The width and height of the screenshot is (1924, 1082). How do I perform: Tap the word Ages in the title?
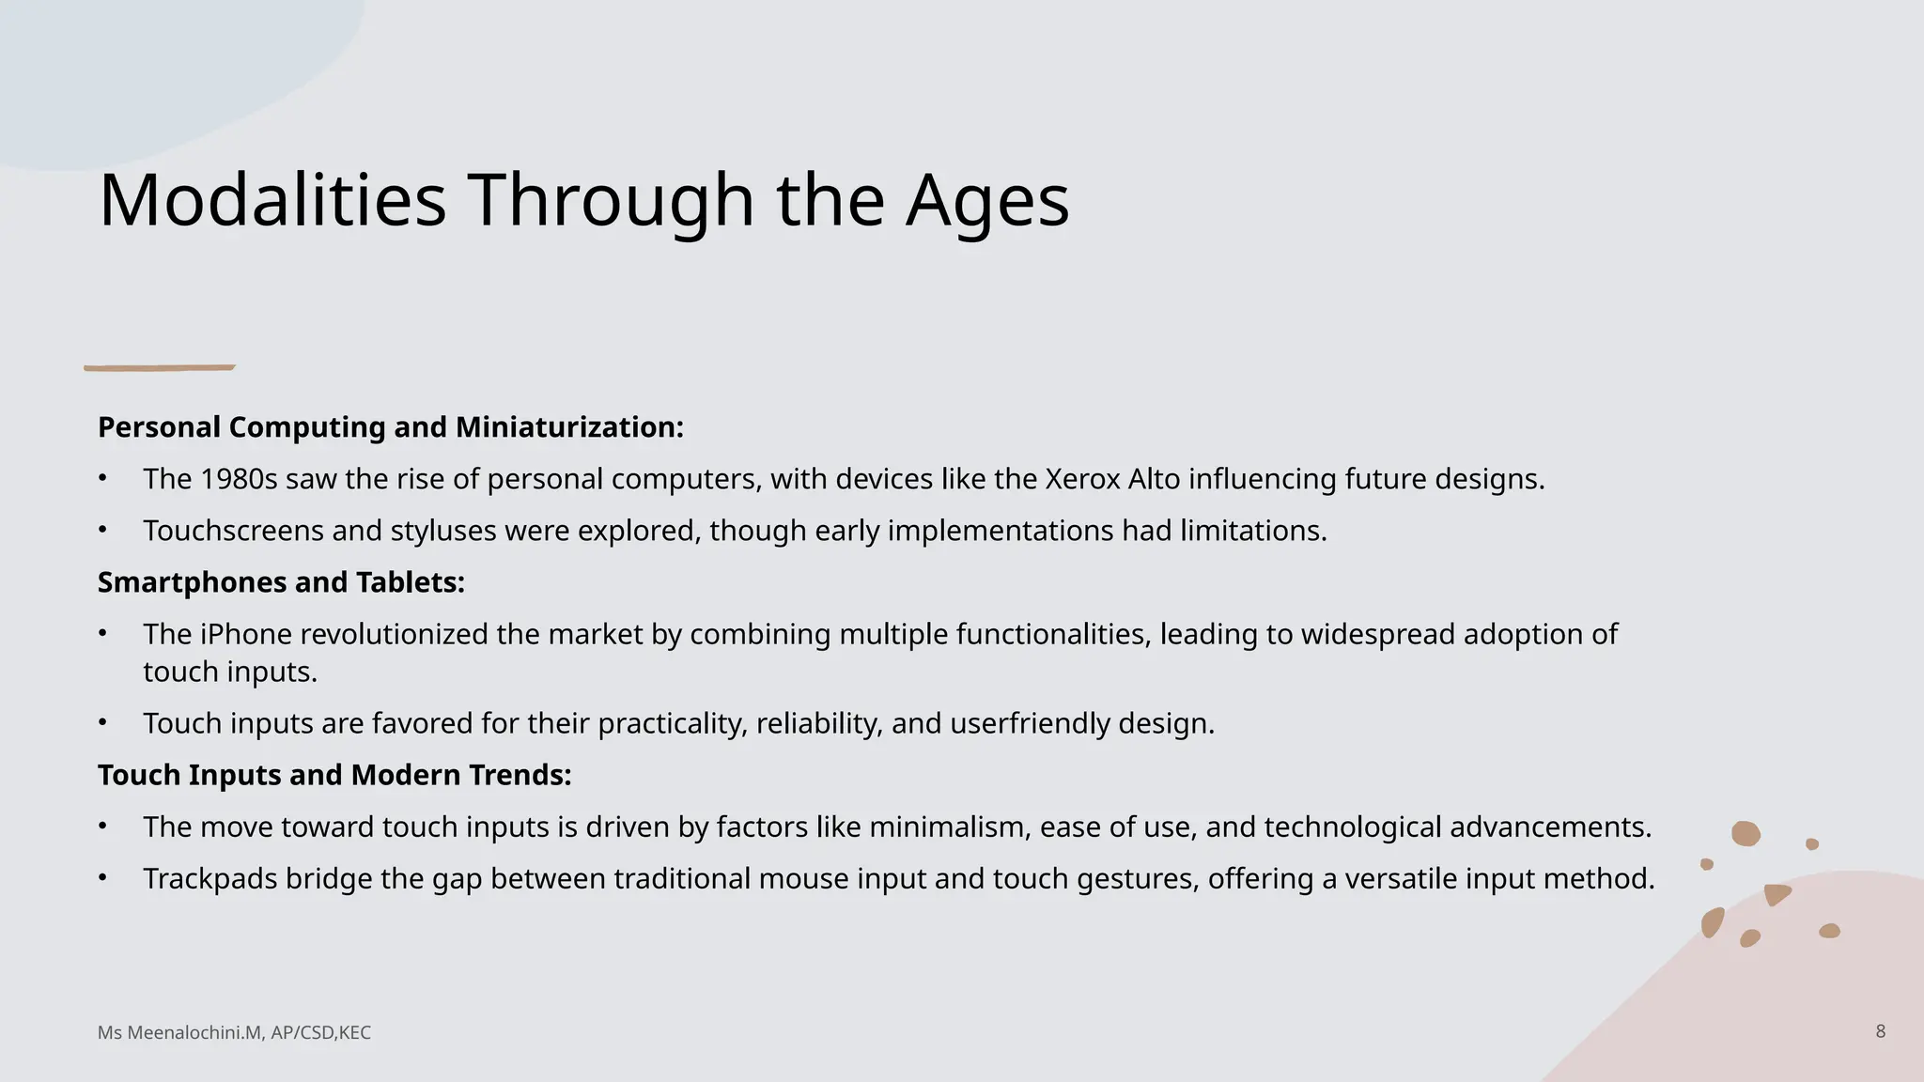987,200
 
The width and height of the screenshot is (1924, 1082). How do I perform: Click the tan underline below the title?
160,367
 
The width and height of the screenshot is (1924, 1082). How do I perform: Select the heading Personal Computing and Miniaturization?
390,427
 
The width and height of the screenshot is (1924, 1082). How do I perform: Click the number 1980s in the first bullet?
239,479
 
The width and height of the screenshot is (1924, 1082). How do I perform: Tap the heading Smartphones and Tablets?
281,582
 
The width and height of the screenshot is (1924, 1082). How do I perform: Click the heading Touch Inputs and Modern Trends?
334,775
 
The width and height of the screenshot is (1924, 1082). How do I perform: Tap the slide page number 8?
1880,1031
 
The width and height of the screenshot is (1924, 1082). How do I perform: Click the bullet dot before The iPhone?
102,634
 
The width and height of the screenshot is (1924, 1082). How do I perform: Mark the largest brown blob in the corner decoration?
1746,833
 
